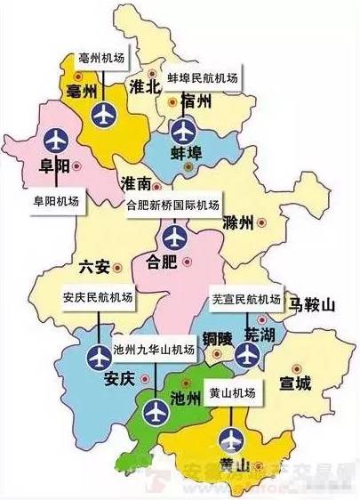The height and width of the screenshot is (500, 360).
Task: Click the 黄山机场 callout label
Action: tap(231, 392)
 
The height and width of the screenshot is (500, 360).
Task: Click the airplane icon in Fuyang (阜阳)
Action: tap(55, 139)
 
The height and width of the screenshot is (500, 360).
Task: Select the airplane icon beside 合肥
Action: tap(174, 238)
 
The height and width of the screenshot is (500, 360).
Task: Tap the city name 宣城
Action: tap(294, 384)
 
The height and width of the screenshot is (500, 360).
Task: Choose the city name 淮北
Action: tap(143, 87)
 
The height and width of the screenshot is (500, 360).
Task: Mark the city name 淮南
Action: tap(138, 184)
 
